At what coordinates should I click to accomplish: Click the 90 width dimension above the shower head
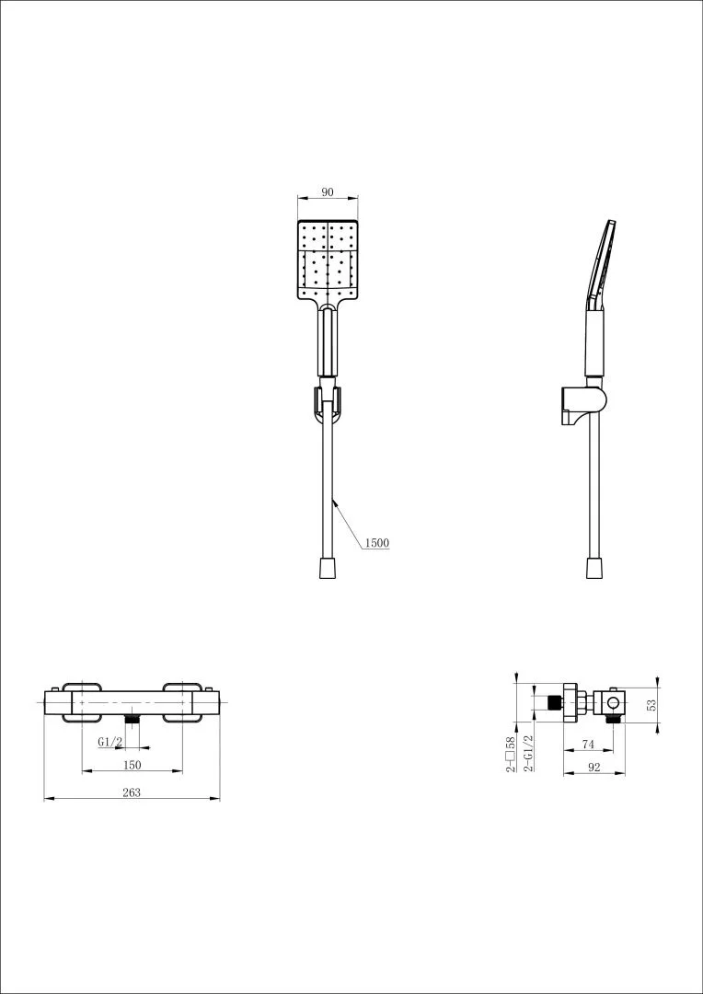pos(327,192)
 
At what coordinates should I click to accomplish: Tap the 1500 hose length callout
pos(376,543)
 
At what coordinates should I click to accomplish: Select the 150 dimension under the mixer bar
pos(132,765)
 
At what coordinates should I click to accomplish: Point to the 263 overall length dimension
pos(132,792)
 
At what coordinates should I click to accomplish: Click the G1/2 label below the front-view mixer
pos(109,743)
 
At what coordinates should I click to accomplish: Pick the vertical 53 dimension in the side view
pos(651,704)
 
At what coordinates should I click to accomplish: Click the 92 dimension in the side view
pos(594,767)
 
